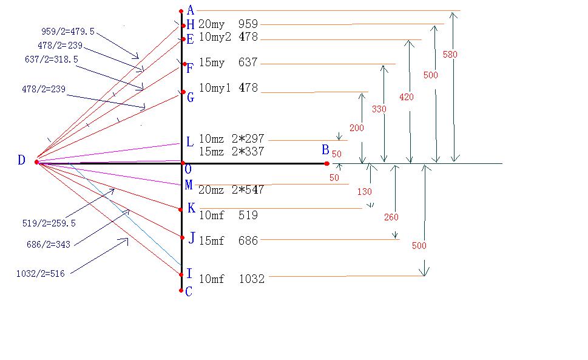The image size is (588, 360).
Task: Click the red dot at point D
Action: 36,162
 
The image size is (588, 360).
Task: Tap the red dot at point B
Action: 326,163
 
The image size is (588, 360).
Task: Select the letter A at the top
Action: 191,10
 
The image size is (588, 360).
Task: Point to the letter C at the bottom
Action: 189,292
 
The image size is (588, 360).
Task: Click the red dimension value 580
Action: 450,55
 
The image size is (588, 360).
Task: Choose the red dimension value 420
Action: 407,97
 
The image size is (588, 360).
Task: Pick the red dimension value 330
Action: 379,109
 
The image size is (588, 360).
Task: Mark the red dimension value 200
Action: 357,128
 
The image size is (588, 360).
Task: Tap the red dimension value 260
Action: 391,217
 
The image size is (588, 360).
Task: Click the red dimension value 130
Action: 364,192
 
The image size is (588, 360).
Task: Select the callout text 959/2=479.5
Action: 67,32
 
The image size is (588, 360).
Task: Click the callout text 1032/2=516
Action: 40,274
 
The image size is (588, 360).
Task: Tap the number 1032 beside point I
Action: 252,279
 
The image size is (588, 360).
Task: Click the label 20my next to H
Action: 211,24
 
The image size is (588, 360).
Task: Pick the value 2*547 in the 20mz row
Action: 251,190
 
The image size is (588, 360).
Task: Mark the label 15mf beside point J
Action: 211,241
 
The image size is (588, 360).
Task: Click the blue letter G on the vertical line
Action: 190,97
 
